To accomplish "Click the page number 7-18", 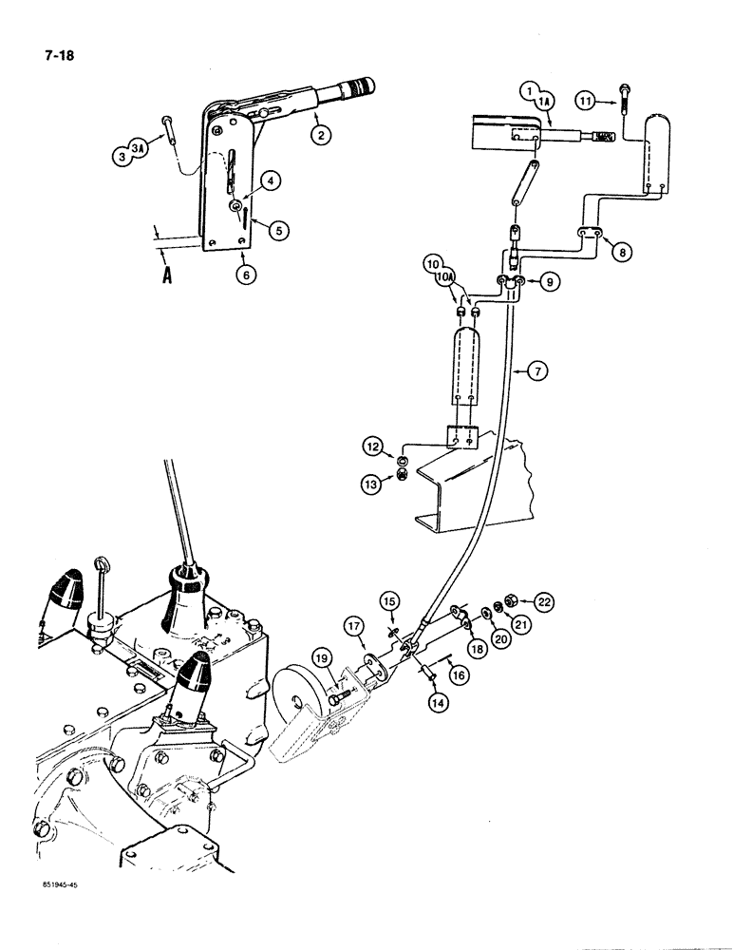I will (44, 54).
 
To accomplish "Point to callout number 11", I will (588, 98).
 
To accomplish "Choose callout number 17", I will (354, 627).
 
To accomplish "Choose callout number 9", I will (547, 282).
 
